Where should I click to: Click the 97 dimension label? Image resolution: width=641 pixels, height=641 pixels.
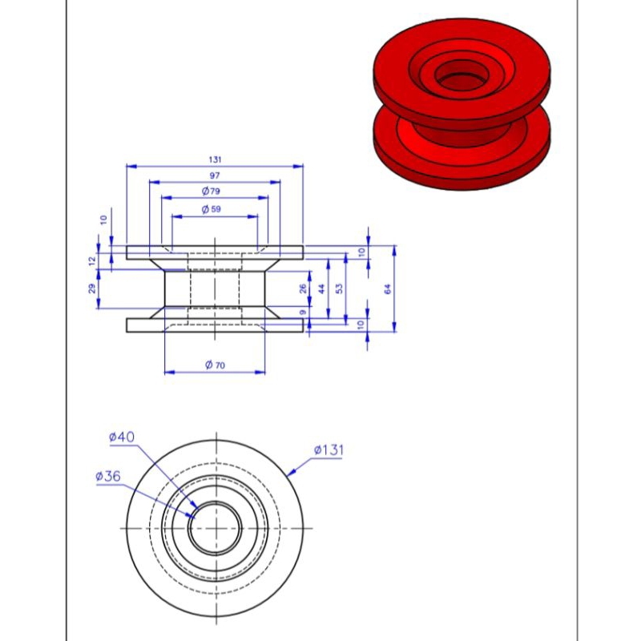215,175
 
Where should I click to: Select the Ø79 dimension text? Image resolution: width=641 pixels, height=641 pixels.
211,191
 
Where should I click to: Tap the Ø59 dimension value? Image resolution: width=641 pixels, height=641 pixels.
211,209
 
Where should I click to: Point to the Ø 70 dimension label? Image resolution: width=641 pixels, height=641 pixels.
215,365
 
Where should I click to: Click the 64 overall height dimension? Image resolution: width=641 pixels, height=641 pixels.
388,288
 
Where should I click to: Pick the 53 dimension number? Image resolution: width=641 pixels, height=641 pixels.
339,288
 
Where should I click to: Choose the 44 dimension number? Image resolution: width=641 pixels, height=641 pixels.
322,288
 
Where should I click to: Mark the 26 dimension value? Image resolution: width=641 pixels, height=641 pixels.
303,288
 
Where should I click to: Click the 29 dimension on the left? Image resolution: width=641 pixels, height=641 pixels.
92,288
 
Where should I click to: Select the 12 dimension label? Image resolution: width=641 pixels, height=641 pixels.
92,260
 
